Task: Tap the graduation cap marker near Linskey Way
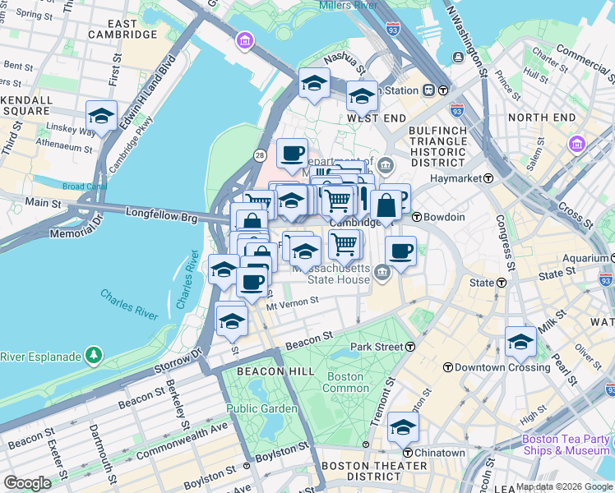coord(101,116)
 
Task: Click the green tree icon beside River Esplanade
coord(95,355)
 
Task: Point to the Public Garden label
coord(262,408)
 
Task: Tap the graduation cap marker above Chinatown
coord(403,426)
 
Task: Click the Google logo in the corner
coord(26,482)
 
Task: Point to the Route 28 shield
coord(260,154)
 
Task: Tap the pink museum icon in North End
coord(576,145)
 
